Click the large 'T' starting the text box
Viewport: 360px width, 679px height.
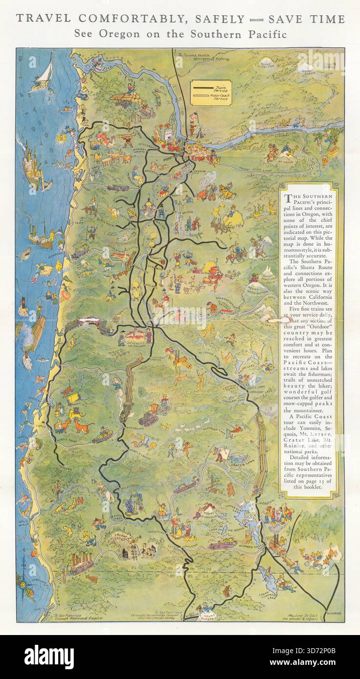tap(288, 198)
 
